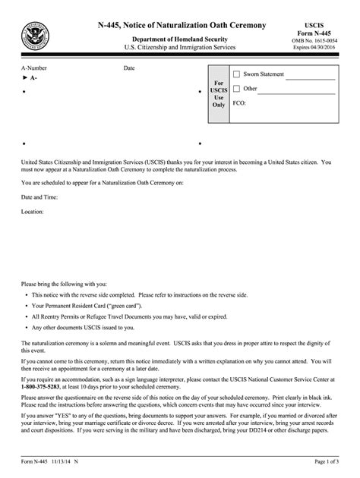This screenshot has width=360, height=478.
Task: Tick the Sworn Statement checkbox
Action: point(235,74)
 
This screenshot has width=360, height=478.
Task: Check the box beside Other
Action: point(235,89)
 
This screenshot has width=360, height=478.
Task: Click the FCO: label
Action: point(238,102)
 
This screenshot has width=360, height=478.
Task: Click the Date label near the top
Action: point(129,68)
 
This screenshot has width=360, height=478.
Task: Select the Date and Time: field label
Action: point(41,197)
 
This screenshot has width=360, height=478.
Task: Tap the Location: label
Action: point(33,212)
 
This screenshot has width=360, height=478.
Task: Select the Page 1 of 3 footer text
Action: point(331,462)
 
